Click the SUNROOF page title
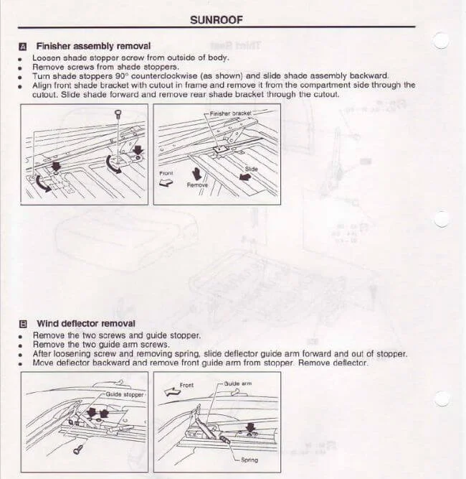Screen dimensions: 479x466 click(x=216, y=20)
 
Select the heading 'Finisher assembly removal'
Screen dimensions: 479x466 click(x=93, y=46)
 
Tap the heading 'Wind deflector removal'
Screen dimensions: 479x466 click(x=85, y=324)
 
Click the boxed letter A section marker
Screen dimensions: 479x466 click(x=23, y=46)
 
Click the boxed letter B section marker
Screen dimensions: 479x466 click(x=23, y=324)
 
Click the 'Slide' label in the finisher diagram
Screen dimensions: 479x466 click(x=252, y=169)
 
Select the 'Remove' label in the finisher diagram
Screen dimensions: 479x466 click(x=196, y=185)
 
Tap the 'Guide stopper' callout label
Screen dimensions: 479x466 click(x=125, y=394)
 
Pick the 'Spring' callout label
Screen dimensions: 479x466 click(x=249, y=460)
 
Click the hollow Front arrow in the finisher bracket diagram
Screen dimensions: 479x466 click(x=166, y=182)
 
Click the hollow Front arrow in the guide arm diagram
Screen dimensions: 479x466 click(x=170, y=393)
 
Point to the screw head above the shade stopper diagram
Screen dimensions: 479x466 click(x=118, y=113)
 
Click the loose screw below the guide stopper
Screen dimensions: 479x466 click(x=77, y=450)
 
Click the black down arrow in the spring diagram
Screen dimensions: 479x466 click(x=249, y=429)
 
